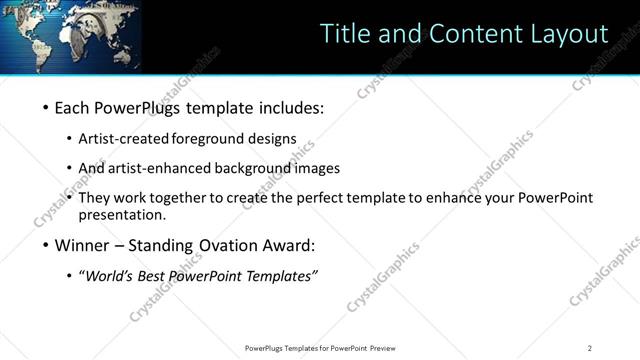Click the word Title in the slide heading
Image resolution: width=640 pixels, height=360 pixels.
[345, 33]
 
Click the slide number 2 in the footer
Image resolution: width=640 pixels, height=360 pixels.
[590, 348]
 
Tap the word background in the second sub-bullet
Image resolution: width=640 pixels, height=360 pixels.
[244, 168]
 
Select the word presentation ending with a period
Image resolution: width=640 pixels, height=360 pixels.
[121, 215]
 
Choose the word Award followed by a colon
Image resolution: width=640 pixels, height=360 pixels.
[289, 245]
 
